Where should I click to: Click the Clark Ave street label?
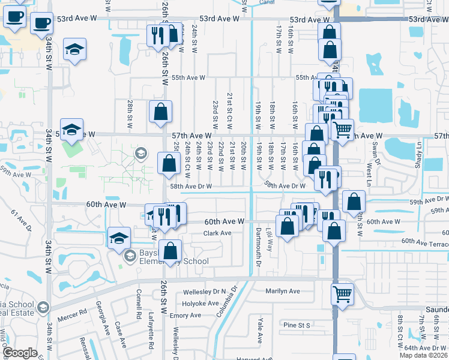[217, 233]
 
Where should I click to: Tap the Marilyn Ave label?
[282, 291]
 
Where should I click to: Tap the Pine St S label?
[296, 325]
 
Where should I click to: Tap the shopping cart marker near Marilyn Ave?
[342, 295]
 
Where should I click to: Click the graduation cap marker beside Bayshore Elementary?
[119, 238]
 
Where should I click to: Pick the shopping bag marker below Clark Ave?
[170, 250]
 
